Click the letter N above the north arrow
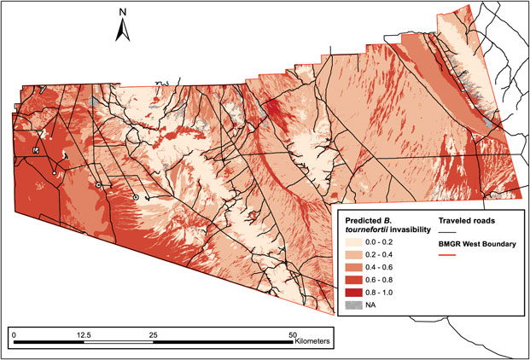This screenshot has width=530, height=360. [x=123, y=13]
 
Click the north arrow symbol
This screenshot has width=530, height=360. [x=123, y=31]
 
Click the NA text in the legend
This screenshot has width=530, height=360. [x=373, y=302]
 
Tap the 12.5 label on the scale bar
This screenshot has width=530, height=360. [x=83, y=334]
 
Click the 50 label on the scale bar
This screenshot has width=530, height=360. [x=292, y=334]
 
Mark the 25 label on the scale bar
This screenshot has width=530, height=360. [x=153, y=334]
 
